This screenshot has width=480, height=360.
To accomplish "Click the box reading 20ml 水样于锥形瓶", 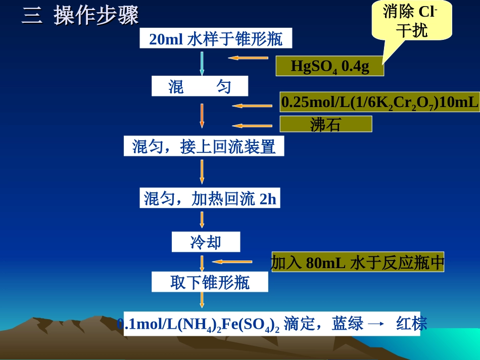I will [x=216, y=39].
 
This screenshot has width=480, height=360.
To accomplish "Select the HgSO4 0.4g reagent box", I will [x=329, y=66].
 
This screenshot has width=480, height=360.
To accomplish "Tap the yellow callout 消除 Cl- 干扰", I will [x=411, y=21].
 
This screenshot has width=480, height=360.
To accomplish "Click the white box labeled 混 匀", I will [x=200, y=86].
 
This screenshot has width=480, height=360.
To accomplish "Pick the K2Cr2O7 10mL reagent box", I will [x=379, y=102].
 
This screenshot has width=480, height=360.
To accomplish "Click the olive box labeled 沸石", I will [x=326, y=124].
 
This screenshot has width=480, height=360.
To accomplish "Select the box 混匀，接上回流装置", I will [x=204, y=146].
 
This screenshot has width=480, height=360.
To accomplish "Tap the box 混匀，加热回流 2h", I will [x=210, y=198].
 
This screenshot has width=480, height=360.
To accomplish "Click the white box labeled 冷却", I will [x=206, y=242].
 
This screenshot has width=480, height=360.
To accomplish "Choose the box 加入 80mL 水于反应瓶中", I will [x=357, y=262].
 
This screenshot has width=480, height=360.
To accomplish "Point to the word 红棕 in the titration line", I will [x=412, y=323].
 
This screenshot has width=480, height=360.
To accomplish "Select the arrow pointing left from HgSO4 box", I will [x=248, y=58].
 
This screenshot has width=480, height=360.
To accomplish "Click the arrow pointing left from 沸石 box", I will [x=252, y=126].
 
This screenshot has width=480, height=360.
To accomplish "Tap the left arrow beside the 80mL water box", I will [x=232, y=262].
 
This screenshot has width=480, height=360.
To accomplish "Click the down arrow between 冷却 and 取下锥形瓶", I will [x=202, y=264].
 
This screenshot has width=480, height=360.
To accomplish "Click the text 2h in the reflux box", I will [x=268, y=199].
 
